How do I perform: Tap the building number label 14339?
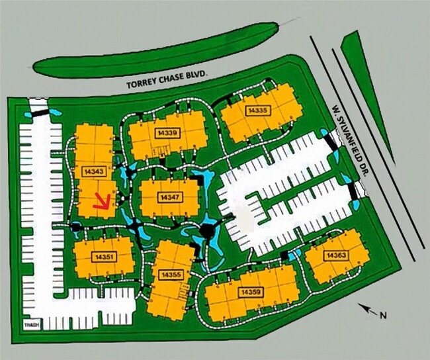167,134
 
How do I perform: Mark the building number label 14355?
171,274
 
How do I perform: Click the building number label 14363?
335,256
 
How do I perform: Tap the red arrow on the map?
102,201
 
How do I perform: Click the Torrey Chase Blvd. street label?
167,81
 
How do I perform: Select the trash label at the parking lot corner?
31,324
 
